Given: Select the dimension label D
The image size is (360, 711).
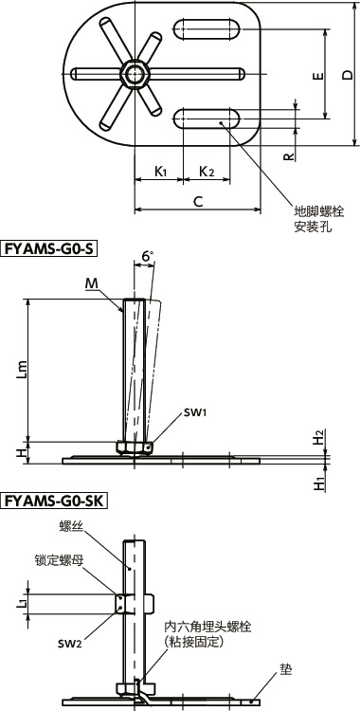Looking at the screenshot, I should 348,74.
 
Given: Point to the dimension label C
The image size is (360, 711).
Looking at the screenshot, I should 197,201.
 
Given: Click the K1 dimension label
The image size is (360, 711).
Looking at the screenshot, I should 161,172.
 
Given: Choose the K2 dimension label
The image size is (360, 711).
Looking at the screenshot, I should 206,172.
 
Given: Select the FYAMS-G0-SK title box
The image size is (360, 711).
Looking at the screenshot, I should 55,500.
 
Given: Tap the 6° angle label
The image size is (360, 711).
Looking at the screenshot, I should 147,257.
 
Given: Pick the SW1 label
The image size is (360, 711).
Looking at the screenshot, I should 170,412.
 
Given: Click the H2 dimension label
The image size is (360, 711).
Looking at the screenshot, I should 319,437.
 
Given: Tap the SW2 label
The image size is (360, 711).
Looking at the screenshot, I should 67,643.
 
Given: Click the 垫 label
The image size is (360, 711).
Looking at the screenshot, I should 285,667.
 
